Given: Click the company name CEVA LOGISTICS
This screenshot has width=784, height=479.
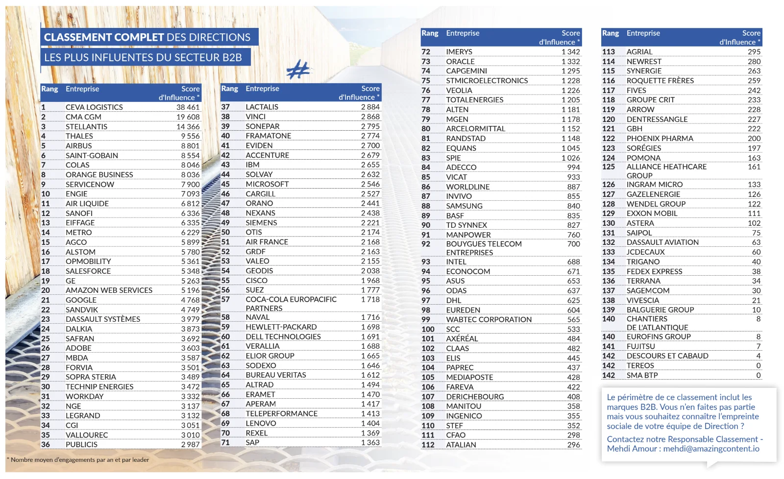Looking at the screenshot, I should [x=94, y=107].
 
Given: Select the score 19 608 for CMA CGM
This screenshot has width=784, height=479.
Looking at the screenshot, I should [x=188, y=117].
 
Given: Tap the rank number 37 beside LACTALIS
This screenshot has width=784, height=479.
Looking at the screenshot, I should [x=225, y=107].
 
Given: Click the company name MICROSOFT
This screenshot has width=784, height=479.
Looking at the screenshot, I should [x=267, y=184].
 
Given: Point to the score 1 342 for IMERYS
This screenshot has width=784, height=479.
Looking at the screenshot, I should [x=570, y=52].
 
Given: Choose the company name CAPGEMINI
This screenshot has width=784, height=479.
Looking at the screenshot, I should [x=466, y=71].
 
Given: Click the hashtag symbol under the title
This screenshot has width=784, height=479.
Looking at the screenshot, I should [x=298, y=70].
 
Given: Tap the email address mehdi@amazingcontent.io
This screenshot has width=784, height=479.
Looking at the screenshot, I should [x=711, y=449].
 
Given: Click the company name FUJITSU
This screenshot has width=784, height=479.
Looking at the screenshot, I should [x=640, y=346].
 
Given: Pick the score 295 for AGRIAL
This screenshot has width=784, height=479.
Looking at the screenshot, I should [x=754, y=52].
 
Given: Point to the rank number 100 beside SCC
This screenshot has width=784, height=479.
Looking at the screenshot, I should [x=428, y=329].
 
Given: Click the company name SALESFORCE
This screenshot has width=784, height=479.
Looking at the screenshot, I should [x=88, y=271].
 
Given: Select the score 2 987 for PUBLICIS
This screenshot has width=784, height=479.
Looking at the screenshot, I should [x=190, y=445].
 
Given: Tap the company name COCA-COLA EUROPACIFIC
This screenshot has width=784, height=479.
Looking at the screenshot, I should [x=291, y=299].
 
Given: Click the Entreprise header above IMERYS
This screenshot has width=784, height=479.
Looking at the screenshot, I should [x=463, y=33].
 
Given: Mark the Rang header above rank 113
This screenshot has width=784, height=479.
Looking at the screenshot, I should [x=610, y=33].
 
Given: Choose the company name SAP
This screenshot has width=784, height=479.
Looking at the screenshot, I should [x=252, y=443].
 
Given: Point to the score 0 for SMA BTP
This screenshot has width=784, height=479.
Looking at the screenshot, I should [x=758, y=376].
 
